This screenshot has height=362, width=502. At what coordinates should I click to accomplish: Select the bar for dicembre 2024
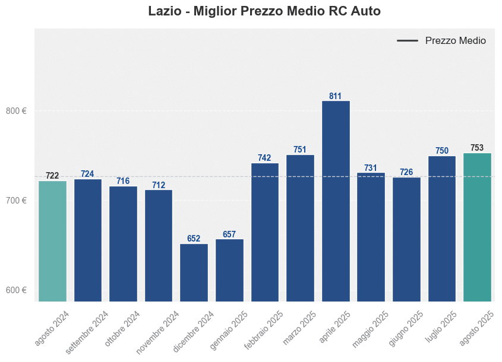pyautogui.click(x=194, y=272)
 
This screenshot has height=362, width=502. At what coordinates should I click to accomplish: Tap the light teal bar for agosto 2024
pyautogui.click(x=52, y=240)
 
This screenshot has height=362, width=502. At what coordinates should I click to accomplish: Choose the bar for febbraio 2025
pyautogui.click(x=265, y=231)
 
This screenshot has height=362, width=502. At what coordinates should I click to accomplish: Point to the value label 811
pyautogui.click(x=336, y=96)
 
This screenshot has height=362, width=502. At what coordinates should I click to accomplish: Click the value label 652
pyautogui.click(x=194, y=239)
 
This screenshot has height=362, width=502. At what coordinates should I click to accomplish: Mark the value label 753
pyautogui.click(x=477, y=148)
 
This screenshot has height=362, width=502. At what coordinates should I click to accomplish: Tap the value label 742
pyautogui.click(x=264, y=158)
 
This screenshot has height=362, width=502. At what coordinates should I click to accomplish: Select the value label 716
pyautogui.click(x=123, y=181)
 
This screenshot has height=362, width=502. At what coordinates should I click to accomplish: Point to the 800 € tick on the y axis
pyautogui.click(x=17, y=111)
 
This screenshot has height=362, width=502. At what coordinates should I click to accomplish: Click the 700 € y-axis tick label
pyautogui.click(x=17, y=201)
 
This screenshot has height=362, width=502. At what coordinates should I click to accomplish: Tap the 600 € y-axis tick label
pyautogui.click(x=17, y=290)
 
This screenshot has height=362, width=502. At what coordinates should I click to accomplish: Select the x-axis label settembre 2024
pyautogui.click(x=88, y=332)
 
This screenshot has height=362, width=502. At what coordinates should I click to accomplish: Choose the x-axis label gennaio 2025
pyautogui.click(x=229, y=329)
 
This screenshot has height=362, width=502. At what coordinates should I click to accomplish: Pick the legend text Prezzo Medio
pyautogui.click(x=456, y=41)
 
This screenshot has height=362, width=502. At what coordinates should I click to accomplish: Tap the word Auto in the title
pyautogui.click(x=365, y=11)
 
